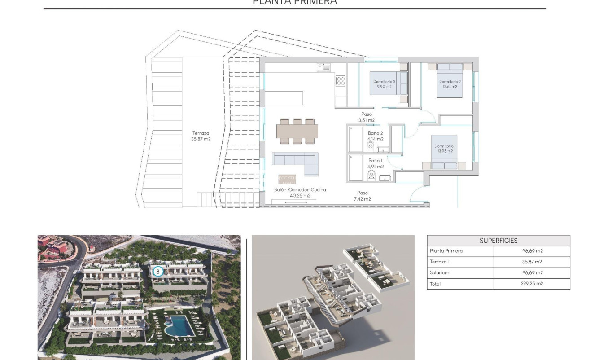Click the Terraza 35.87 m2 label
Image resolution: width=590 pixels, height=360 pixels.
tap(201, 136)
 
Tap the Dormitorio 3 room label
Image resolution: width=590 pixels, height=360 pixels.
tap(384, 84)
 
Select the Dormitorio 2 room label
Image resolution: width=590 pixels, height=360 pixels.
tap(450, 84)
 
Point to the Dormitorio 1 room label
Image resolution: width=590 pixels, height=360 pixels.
tap(445, 149)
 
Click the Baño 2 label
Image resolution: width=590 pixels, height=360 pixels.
tap(376, 136)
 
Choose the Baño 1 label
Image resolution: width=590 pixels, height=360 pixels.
tap(376, 163)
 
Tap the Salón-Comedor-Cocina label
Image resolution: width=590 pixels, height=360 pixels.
tap(300, 193)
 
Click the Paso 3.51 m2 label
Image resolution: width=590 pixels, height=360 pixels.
tap(366, 117)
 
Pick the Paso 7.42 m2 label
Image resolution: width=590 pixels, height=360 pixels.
tap(362, 196)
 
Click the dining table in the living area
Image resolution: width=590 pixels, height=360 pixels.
tap(297, 131)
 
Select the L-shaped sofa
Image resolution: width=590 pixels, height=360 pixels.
tap(295, 162)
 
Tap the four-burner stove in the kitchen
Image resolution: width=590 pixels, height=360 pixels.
tap(341, 81)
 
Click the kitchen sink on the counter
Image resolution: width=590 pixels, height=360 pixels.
tap(323, 67)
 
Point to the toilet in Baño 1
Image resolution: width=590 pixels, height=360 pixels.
tap(371, 175)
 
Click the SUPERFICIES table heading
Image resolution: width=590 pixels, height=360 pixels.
tap(498, 241)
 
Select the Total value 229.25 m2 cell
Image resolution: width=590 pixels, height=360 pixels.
tap(532, 284)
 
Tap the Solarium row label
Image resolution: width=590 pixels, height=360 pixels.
tap(439, 273)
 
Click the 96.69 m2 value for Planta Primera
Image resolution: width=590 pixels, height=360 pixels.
tap(532, 251)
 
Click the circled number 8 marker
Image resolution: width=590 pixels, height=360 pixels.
tap(157, 271)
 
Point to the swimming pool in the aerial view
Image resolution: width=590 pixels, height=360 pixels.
tap(179, 325)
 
